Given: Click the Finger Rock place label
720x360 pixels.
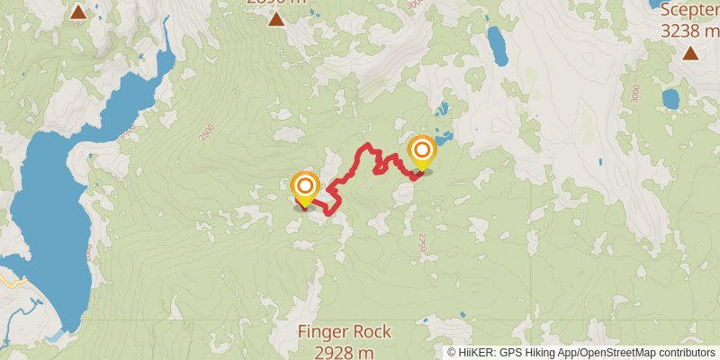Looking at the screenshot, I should (x=345, y=332).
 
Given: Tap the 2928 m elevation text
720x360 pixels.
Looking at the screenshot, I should (x=345, y=350).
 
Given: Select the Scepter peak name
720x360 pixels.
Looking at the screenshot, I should (x=689, y=11).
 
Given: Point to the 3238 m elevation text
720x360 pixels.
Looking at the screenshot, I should (x=689, y=30).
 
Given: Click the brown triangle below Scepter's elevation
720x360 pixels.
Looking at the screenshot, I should (x=689, y=53).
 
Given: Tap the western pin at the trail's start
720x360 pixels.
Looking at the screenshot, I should (x=306, y=188).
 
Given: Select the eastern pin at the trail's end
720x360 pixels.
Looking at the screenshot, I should (x=421, y=151).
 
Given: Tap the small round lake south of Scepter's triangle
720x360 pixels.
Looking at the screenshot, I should (x=670, y=97).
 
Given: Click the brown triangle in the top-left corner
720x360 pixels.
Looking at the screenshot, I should (x=78, y=12).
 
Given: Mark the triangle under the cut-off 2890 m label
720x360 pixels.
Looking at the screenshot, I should (x=276, y=18).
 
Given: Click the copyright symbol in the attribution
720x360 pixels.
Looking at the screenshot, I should (x=452, y=352).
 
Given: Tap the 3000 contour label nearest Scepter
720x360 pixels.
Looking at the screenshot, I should (x=635, y=93).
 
